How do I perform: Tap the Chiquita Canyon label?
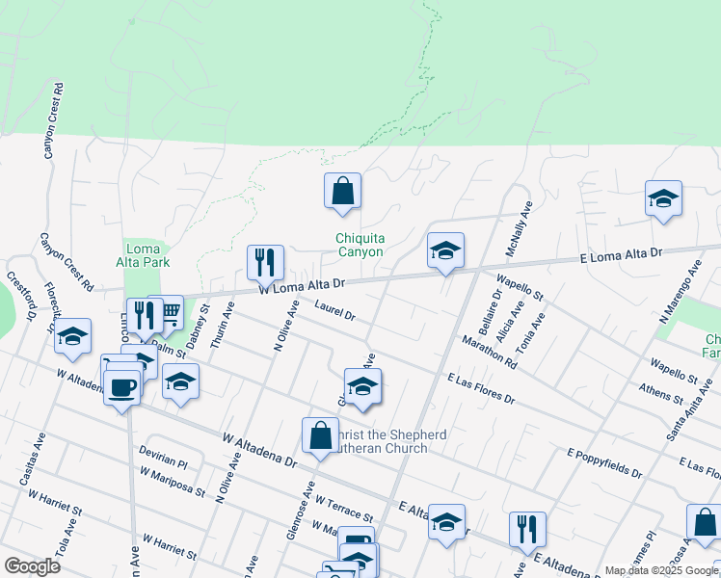[x=360, y=246]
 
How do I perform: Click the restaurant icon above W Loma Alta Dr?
[x=265, y=262]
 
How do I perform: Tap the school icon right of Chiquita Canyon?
[x=445, y=250]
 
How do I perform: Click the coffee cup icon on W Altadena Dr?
[x=121, y=387]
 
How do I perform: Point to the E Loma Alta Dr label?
[x=621, y=255]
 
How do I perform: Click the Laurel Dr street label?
[x=335, y=310]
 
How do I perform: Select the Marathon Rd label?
[x=489, y=352]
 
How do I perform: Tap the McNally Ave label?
[x=521, y=229]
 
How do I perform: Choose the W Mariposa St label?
[x=173, y=482]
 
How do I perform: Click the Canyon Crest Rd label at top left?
[x=52, y=120]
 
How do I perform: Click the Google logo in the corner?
[x=32, y=565]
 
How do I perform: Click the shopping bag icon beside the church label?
[x=320, y=435]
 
